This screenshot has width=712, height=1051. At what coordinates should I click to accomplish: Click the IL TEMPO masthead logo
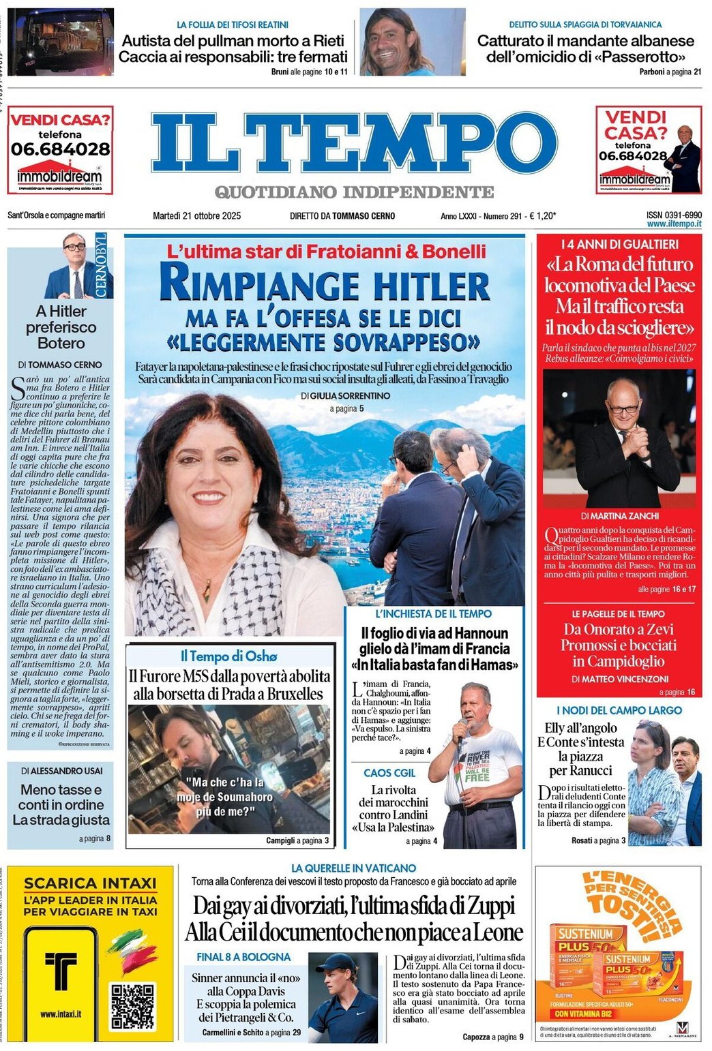[x=354, y=144]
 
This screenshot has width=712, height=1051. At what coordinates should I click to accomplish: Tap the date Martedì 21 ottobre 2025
[x=196, y=216]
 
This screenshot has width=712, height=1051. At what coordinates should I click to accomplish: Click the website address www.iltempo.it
[x=674, y=224]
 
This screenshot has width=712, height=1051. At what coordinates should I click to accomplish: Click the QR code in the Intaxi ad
[x=134, y=1006]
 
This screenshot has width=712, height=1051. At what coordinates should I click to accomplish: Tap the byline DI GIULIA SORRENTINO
[x=345, y=395]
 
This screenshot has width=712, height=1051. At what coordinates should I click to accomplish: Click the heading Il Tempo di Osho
[x=229, y=656]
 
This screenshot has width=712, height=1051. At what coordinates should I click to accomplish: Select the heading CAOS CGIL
[x=389, y=773]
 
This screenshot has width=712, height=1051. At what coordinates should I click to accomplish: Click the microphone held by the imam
[x=463, y=725]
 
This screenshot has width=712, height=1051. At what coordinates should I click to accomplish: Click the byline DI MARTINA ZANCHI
[x=620, y=516]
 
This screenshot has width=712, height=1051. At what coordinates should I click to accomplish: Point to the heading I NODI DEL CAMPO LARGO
[x=619, y=710]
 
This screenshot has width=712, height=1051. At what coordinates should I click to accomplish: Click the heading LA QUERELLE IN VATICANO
[x=353, y=868]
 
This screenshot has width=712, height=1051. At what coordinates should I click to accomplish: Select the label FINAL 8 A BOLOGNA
[x=243, y=957]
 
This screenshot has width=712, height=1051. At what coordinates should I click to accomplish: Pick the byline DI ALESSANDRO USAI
[x=61, y=770]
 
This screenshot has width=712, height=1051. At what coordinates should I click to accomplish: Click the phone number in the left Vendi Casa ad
[x=60, y=148]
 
